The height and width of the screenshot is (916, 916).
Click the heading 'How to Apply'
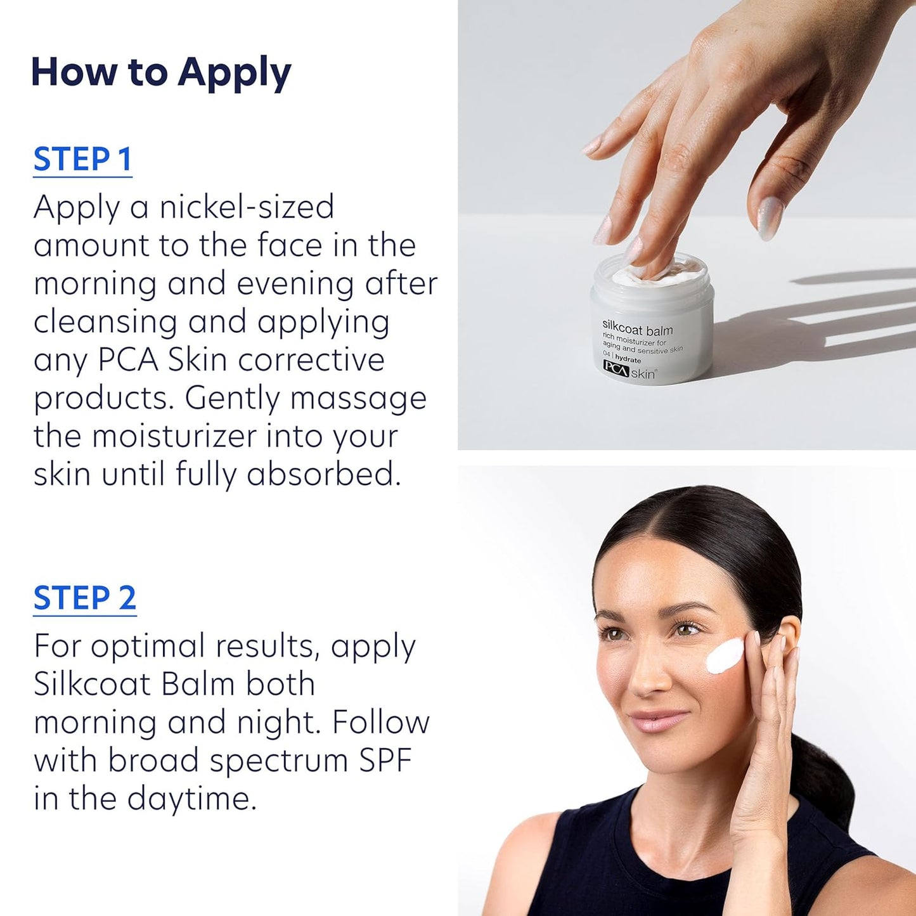(160, 73)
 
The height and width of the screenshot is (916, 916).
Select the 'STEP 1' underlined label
(82, 159)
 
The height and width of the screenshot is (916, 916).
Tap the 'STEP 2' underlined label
(84, 598)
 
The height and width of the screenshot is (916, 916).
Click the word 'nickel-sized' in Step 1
(247, 207)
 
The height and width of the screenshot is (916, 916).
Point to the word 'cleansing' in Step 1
(105, 322)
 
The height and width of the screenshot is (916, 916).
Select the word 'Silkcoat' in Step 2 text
(93, 685)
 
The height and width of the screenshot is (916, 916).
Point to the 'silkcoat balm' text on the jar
(637, 330)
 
